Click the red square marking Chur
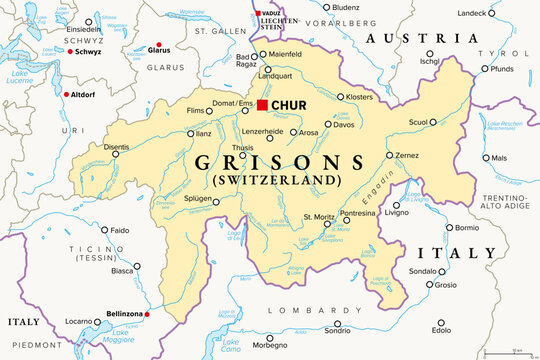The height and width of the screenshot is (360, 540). click(262, 105)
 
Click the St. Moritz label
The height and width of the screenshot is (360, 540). click(320, 216)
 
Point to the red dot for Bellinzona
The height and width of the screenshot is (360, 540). click(147, 315)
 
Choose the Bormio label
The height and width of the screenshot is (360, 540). click(467, 227)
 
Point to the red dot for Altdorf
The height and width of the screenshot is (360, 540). click(66, 94)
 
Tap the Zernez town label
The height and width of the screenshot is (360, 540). click(406, 156)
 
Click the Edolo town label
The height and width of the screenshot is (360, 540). click(441, 330)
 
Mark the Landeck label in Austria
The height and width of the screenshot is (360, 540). click(470, 13)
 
